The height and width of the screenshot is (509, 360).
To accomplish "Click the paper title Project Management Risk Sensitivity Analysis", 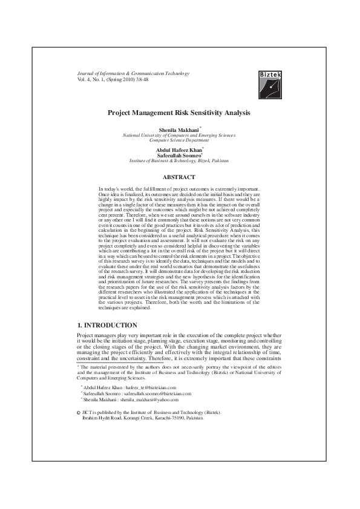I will (178, 113).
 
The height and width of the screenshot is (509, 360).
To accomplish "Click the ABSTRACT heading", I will (178, 177).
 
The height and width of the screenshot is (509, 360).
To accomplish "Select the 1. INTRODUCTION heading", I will (107, 326).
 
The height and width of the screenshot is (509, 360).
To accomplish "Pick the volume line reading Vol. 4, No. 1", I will (113, 79).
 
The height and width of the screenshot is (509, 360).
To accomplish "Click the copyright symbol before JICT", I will (79, 413).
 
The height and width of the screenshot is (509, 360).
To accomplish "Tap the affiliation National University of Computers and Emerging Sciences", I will (179, 136).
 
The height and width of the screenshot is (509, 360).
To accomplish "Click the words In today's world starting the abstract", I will (114, 189).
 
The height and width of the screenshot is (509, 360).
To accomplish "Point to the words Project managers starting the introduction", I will (94, 335).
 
